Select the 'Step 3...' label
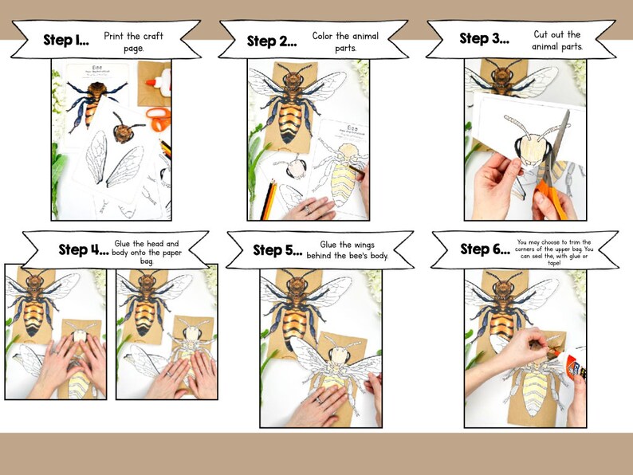(x=484, y=38)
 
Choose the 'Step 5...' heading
(x=277, y=250)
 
